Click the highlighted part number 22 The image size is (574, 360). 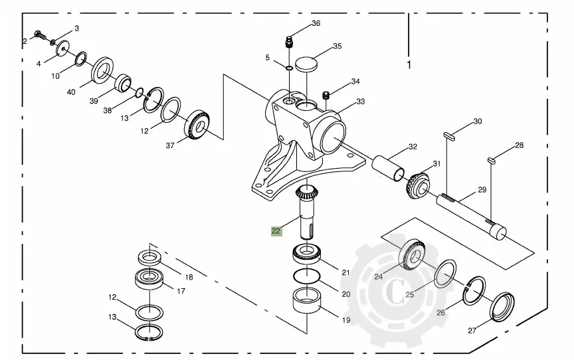(x=275, y=231)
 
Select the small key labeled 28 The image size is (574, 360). (x=493, y=159)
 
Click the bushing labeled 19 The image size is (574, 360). (x=307, y=301)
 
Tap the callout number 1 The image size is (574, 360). (x=409, y=65)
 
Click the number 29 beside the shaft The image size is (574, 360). (x=482, y=190)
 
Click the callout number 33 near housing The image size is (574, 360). (x=361, y=102)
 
